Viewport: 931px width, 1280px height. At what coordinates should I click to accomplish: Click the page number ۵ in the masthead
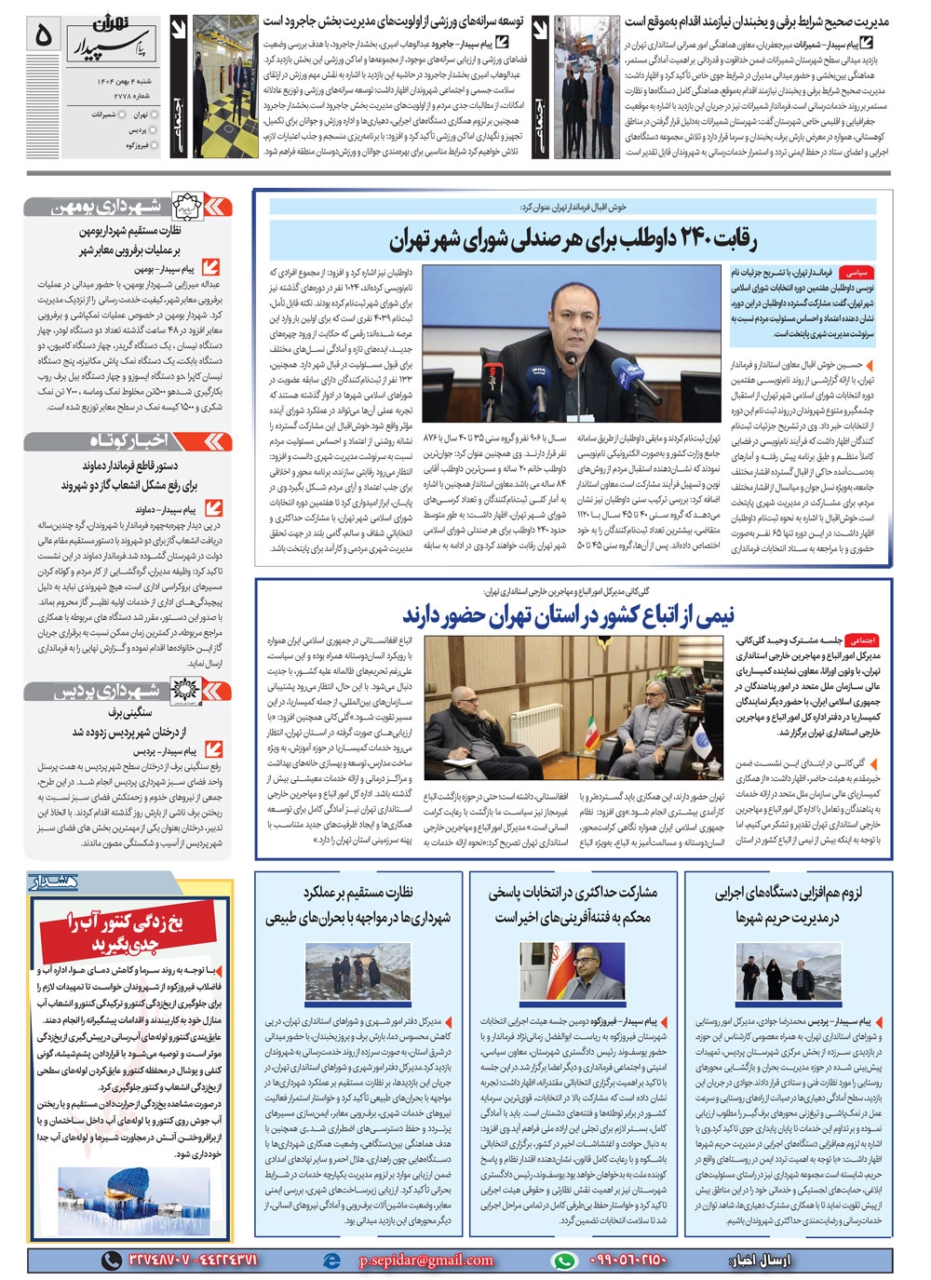click(43, 34)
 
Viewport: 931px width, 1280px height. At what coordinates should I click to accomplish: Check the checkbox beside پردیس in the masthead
click(155, 131)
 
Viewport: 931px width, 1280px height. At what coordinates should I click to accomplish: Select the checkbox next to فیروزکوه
click(155, 146)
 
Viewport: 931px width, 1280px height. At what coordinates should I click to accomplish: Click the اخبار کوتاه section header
click(128, 440)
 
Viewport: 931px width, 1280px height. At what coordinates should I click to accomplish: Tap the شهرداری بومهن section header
click(128, 207)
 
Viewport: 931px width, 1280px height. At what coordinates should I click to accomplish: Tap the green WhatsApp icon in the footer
click(564, 1260)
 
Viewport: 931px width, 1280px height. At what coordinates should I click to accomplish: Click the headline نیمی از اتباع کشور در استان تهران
click(568, 614)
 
